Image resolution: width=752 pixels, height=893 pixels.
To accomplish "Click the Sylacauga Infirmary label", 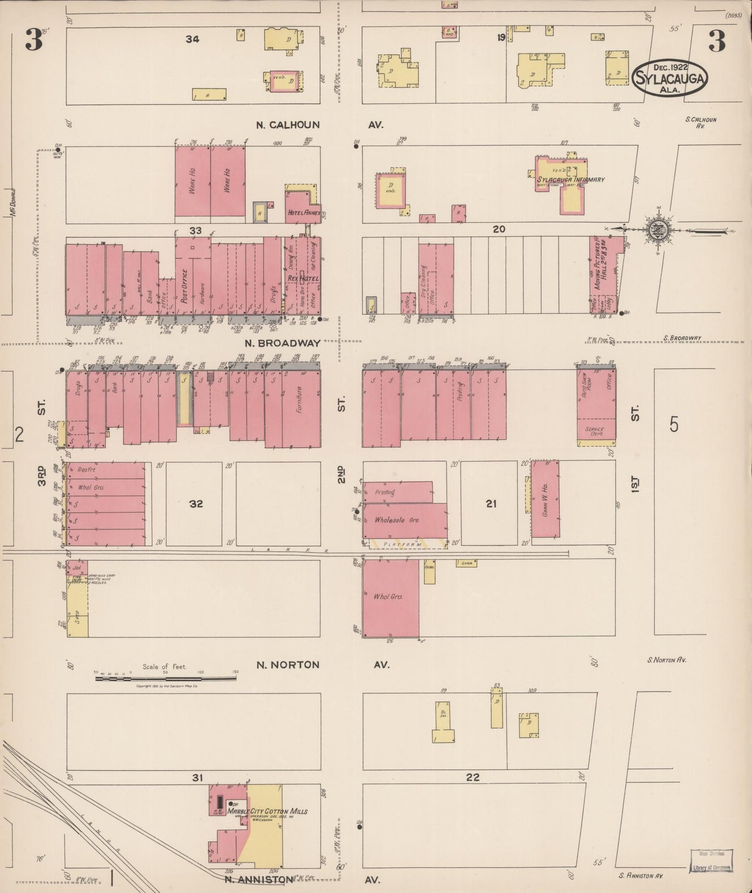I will (x=571, y=180).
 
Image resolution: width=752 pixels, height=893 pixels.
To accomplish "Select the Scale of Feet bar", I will (x=165, y=678).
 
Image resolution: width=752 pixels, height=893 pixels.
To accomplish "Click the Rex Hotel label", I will (x=303, y=279).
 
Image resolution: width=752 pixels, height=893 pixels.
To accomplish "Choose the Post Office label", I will (x=184, y=286).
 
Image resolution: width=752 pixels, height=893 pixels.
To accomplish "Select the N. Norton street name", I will (x=288, y=665).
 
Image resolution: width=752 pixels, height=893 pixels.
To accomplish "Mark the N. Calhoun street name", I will (x=288, y=125).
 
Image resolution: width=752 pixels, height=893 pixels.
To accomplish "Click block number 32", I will (x=196, y=504).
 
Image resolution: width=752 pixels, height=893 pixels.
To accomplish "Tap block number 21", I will (x=491, y=504).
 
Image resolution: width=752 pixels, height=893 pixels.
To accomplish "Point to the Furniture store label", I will (x=299, y=400).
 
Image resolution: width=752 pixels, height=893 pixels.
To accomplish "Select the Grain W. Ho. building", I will (x=545, y=499).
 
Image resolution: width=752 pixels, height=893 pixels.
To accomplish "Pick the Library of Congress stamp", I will (x=711, y=860).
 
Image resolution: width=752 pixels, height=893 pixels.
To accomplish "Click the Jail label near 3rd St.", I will (x=77, y=567).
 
